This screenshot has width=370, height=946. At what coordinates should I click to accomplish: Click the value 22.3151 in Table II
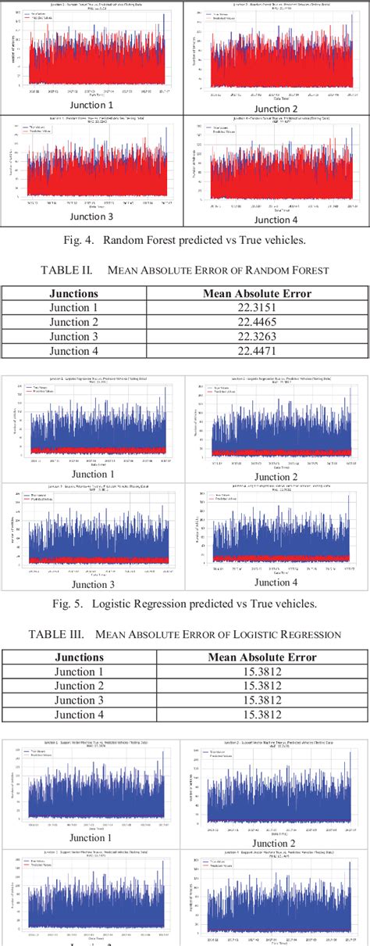tap(257, 307)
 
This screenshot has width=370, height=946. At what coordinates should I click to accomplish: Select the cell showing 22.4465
tap(257, 321)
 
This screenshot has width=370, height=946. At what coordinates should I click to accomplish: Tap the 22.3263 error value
tap(257, 335)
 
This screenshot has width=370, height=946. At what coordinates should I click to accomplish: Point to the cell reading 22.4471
tap(257, 349)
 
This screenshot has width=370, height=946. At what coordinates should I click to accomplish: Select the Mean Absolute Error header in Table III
tap(257, 657)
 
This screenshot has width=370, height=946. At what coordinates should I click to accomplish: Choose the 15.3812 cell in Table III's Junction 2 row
tap(257, 686)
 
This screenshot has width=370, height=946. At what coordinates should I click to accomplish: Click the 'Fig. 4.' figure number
tap(103, 238)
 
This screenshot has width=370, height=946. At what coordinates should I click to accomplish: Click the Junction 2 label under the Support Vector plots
tap(274, 844)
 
